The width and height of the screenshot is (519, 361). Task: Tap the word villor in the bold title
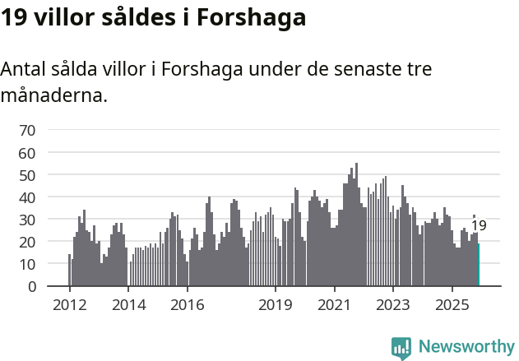63,17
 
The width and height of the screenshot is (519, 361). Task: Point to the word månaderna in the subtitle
53,95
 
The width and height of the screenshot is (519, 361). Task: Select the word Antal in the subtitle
24,69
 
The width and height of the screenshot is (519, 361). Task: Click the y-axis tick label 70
27,130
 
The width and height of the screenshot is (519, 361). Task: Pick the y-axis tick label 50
27,175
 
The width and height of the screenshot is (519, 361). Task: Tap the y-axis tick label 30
27,220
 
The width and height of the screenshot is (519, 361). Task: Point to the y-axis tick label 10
27,264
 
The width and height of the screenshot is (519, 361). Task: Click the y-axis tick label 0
31,286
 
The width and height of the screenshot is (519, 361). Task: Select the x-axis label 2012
69,305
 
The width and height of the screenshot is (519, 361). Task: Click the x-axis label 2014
127,305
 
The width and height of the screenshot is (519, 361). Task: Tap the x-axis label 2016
187,305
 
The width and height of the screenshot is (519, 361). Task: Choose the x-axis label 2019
275,305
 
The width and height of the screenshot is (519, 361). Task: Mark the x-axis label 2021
334,305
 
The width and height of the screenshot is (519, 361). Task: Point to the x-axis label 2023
392,305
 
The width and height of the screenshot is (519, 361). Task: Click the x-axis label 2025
452,305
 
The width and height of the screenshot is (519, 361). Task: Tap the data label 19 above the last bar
479,226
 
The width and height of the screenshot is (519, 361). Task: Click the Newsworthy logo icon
401,347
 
